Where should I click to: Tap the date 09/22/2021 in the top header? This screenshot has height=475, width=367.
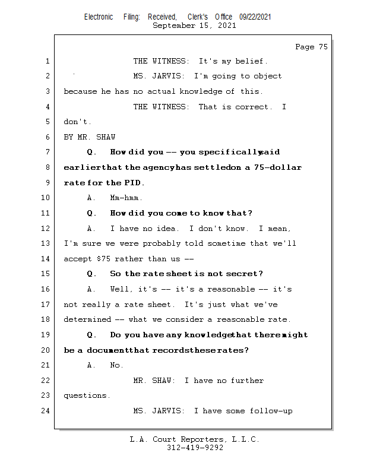point(255,17)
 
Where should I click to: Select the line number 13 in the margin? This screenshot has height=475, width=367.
point(47,243)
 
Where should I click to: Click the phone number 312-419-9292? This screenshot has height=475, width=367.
point(195,448)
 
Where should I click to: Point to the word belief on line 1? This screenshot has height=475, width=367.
point(251,61)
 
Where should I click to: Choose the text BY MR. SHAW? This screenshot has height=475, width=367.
point(90,137)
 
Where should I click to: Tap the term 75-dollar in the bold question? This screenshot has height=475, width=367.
point(278,167)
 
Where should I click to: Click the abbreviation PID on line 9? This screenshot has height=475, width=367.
point(134,183)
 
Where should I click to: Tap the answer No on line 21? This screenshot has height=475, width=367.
point(116,365)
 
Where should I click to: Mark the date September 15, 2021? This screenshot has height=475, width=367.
point(194,26)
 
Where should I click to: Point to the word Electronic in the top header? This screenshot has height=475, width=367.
point(99,17)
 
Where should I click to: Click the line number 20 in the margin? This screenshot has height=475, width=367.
point(47,350)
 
